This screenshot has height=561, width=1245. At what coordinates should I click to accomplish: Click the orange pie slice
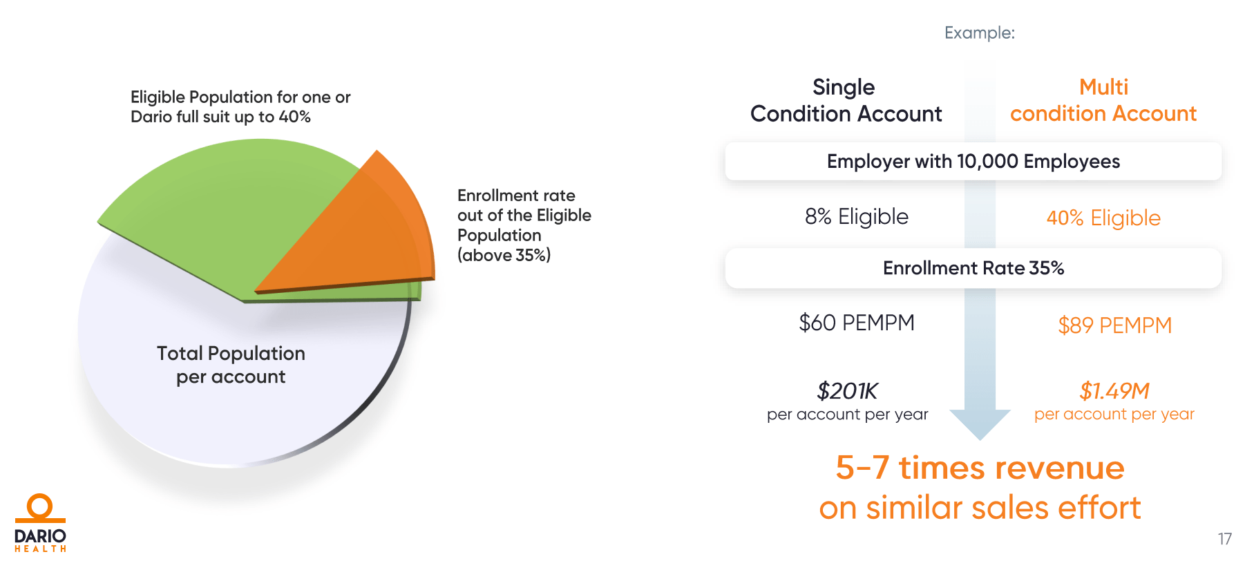(x=359, y=235)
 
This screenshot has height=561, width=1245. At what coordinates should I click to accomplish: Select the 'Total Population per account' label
(x=231, y=365)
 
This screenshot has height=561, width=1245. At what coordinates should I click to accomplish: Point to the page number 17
(x=1224, y=539)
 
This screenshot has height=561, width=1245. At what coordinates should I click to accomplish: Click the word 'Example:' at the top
(x=979, y=33)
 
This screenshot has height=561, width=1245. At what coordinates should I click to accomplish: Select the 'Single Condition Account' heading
(x=846, y=100)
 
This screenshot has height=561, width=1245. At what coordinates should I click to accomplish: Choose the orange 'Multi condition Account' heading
(x=1103, y=100)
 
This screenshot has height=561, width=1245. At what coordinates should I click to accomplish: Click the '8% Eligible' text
(x=856, y=217)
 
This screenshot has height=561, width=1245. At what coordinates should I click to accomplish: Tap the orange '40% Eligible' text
(x=1103, y=218)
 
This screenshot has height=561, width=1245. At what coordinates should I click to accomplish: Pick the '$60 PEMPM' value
(x=856, y=323)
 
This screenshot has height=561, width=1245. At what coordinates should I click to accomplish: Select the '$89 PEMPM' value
(x=1114, y=325)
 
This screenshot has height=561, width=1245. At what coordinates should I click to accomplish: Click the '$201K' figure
(x=847, y=391)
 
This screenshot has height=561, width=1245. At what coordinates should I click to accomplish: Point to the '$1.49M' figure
(x=1114, y=391)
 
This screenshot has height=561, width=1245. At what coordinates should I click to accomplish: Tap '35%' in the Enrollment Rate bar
(x=1046, y=268)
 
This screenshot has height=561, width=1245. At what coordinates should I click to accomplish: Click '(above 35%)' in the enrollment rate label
(x=504, y=256)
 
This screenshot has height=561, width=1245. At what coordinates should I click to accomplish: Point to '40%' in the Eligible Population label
(x=294, y=117)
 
